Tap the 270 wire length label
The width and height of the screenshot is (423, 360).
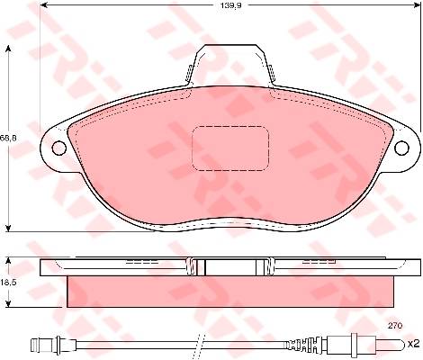click(395, 325)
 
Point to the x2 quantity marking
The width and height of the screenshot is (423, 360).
click(414, 344)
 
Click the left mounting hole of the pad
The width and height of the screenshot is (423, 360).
click(59, 148)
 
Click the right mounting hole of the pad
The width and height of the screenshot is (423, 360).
click(401, 148)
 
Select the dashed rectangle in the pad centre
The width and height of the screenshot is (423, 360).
click(230, 148)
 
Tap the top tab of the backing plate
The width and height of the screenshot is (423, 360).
click(230, 63)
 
